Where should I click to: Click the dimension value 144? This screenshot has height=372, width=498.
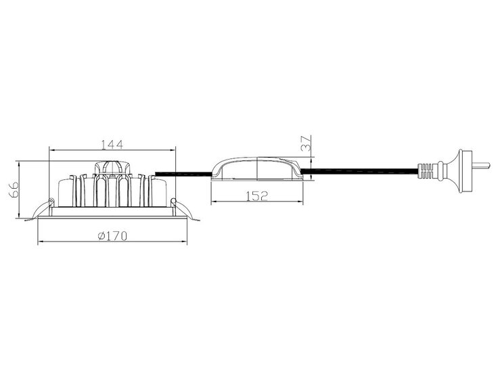coord(112,144)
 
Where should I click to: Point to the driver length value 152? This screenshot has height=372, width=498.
coord(257,196)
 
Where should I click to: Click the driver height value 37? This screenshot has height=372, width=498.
coord(305,143)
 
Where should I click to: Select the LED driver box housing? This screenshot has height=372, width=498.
coord(257,169)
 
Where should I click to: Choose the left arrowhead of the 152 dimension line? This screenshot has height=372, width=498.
coord(213,202)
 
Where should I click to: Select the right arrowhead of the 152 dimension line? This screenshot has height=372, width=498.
coord(302,202)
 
